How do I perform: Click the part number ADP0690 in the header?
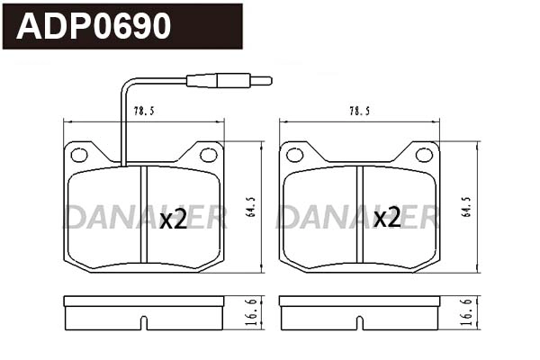click(94, 27)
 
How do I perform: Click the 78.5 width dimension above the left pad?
click(144, 112)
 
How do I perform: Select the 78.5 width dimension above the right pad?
click(359, 112)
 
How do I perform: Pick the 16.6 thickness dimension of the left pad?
click(249, 312)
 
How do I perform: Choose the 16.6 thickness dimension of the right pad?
click(464, 312)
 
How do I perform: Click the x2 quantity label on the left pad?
click(173, 219)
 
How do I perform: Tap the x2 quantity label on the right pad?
click(387, 218)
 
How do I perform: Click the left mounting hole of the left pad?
click(79, 155)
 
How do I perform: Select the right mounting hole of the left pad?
click(208, 155)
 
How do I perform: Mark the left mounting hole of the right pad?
click(295, 155)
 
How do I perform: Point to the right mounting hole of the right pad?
click(423, 155)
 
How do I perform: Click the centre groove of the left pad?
click(144, 216)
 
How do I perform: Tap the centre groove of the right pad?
click(359, 216)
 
